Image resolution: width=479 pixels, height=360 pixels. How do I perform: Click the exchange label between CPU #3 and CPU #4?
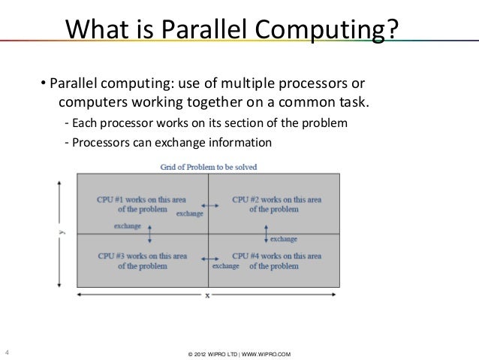(x=225, y=266)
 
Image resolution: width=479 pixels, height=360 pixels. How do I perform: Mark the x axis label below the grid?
(x=208, y=295)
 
